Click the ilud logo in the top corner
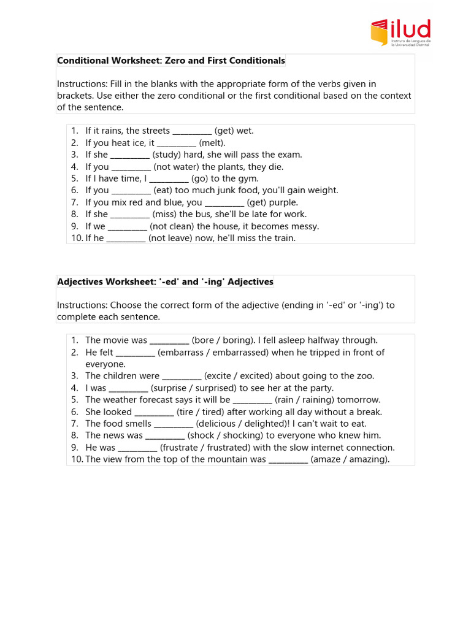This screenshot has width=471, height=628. point(400,33)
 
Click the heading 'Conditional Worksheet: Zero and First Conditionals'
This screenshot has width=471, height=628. point(171,61)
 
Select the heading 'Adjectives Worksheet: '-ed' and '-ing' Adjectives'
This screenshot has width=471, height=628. point(165,282)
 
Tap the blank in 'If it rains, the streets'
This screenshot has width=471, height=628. point(192,131)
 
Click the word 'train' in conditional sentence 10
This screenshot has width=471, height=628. point(283,238)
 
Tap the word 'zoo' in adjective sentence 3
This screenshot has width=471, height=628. point(366,376)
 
